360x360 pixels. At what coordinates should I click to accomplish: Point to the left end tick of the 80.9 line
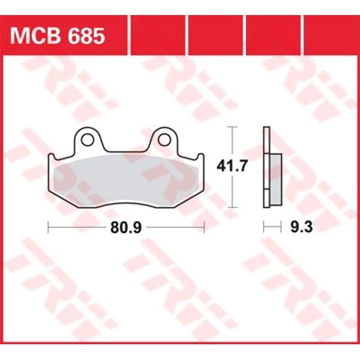pyautogui.click(x=49, y=227)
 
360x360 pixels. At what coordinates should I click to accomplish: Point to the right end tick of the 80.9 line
pyautogui.click(x=205, y=227)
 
